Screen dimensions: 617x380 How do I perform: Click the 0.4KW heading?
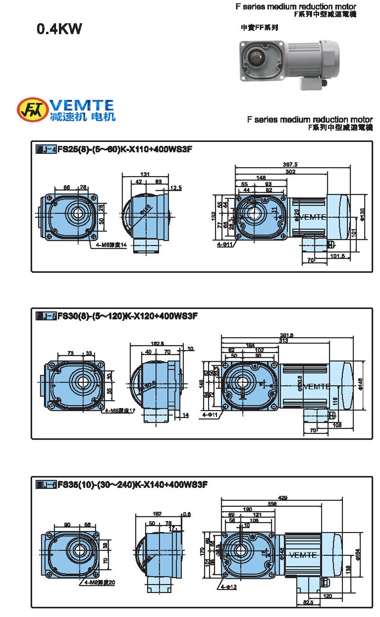(59, 29)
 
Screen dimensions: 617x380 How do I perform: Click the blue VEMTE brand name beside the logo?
(82, 105)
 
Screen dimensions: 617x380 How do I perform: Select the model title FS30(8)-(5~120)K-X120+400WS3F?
(127, 316)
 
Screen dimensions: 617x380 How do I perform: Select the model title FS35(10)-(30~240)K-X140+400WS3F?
(133, 485)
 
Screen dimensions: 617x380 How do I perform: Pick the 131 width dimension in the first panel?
(145, 174)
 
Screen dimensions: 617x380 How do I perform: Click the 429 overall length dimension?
(282, 497)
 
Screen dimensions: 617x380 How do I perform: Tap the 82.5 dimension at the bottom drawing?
(308, 602)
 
